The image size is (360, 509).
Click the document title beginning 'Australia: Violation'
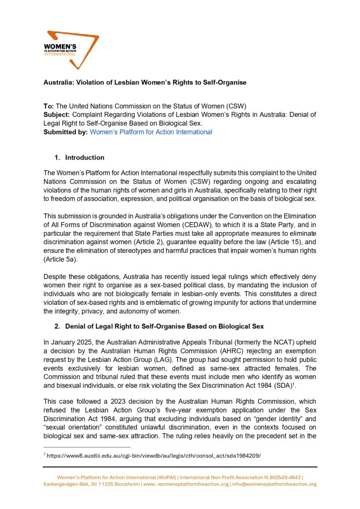[144, 82]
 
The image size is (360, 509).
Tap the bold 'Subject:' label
[58, 115]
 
